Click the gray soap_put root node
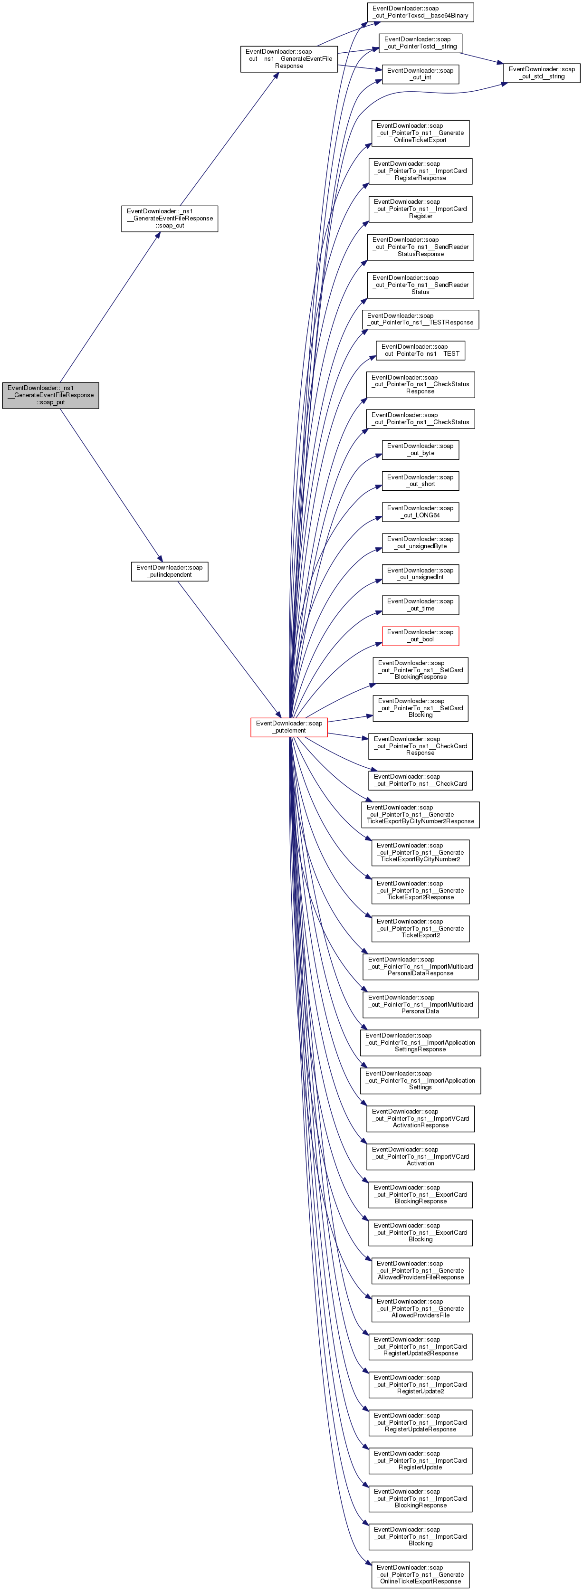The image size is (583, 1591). point(51,395)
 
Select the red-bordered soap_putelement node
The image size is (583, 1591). point(289,727)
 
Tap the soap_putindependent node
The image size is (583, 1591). point(169,572)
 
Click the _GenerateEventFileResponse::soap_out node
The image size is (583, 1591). point(170,219)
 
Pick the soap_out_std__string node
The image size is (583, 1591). point(542,73)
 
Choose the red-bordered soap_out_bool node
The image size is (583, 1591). point(420,636)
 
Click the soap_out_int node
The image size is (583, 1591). point(420,74)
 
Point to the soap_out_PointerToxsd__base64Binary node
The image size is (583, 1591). point(420,12)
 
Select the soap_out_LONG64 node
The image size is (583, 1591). point(420,512)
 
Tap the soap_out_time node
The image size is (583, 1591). point(420,605)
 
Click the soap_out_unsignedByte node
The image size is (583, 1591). point(420,543)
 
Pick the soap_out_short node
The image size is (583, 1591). point(420,480)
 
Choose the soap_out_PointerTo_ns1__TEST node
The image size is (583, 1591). point(420,350)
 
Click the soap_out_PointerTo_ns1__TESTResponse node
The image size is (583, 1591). point(420,319)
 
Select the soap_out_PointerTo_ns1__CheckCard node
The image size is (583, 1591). point(420,780)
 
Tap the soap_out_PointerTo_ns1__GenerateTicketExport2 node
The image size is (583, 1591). point(420,928)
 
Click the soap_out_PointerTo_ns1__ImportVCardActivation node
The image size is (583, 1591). point(420,1156)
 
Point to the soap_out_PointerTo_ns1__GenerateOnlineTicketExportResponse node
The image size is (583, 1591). point(420,1574)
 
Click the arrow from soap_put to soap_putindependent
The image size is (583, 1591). point(111,485)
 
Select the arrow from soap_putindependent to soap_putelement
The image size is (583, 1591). point(229,649)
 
